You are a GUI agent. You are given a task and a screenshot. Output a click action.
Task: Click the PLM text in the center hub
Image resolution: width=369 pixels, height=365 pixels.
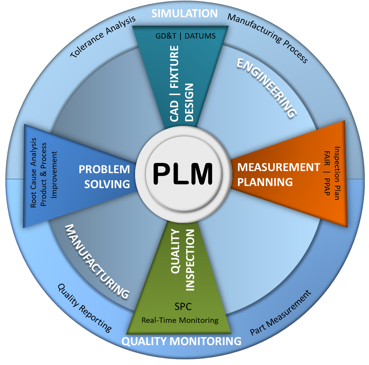pyautogui.click(x=183, y=173)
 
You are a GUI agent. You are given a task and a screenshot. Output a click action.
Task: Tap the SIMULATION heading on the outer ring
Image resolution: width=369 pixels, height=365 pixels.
pyautogui.click(x=184, y=13)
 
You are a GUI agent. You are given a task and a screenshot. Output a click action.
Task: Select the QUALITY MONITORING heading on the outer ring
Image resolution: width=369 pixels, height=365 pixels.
pyautogui.click(x=181, y=341)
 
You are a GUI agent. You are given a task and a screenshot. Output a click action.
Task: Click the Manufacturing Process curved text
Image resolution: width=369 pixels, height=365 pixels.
pyautogui.click(x=268, y=38)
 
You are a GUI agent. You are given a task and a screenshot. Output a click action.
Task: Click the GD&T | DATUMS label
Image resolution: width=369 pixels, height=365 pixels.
pyautogui.click(x=185, y=36)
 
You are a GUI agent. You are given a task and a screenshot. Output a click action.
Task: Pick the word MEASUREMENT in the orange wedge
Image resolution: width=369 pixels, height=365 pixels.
pyautogui.click(x=279, y=167)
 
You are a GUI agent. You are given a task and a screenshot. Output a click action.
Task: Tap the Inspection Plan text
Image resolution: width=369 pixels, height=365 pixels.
pyautogui.click(x=337, y=173)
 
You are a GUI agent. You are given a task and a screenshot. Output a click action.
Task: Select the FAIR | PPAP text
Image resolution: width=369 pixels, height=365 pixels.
pyautogui.click(x=327, y=173)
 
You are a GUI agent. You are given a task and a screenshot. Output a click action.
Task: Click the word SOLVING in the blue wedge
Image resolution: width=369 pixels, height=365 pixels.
pyautogui.click(x=107, y=184)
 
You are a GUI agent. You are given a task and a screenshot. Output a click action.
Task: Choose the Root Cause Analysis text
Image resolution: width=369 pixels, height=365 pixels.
pyautogui.click(x=33, y=173)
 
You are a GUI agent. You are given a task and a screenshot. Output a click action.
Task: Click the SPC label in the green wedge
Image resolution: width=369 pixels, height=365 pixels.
pyautogui.click(x=183, y=306)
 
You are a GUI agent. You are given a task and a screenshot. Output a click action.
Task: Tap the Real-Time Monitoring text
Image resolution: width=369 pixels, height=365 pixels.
pyautogui.click(x=180, y=320)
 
